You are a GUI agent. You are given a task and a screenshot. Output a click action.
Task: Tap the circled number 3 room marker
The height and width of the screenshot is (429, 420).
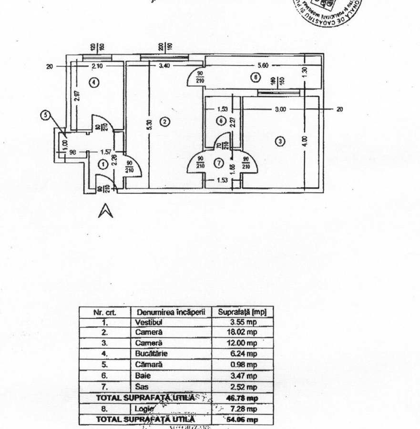pos(281,141)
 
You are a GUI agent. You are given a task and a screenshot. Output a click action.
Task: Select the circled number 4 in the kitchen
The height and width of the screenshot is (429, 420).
pos(94,82)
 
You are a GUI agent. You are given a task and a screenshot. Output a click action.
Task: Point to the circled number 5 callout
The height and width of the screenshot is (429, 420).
pos(45,115)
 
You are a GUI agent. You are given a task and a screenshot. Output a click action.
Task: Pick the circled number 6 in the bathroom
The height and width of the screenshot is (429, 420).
pos(220,121)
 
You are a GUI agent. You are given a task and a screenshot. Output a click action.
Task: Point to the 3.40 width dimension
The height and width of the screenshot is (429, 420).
pos(164,66)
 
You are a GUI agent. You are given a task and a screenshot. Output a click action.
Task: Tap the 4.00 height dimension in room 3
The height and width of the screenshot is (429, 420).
pos(305,141)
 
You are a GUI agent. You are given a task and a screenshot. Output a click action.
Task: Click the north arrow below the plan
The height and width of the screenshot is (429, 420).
pos(105,210)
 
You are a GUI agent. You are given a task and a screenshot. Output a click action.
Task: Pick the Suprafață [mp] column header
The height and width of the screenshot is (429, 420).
pos(242,312)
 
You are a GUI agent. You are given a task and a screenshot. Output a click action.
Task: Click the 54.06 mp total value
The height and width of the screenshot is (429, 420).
pos(242,419)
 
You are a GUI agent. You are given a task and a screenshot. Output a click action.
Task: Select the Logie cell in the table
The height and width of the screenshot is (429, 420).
pos(144,409)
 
